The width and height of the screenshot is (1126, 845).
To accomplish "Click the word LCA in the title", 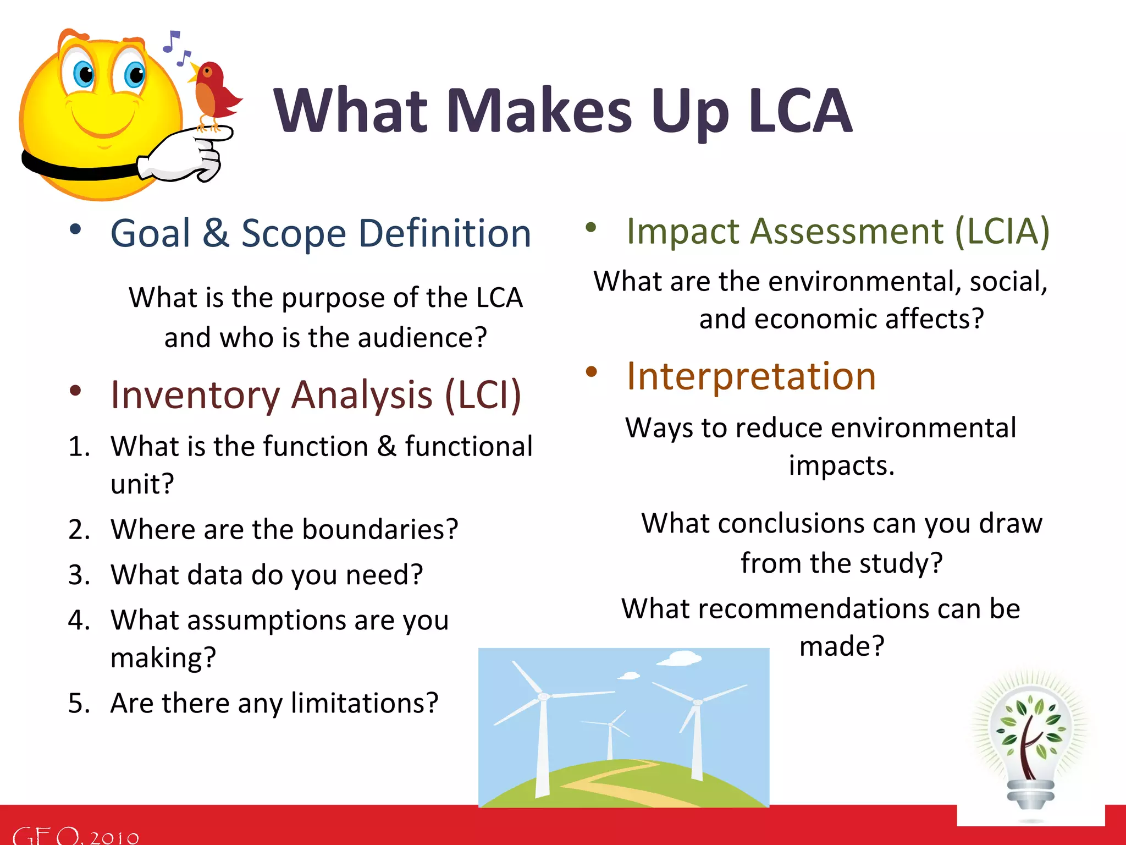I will click(800, 112).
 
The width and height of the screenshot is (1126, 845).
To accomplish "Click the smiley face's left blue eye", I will click(84, 74).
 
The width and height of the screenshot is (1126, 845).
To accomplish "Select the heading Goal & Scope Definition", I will click(321, 233).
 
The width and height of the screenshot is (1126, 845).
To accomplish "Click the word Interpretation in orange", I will click(751, 377).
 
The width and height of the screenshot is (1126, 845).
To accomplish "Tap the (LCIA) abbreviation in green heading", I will click(1002, 231).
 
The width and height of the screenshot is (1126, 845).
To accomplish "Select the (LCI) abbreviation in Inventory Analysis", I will click(482, 395).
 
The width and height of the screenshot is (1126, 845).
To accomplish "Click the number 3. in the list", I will click(79, 575).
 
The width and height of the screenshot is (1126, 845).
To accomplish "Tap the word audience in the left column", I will click(422, 338).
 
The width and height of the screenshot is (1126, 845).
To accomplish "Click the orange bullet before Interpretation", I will click(591, 372).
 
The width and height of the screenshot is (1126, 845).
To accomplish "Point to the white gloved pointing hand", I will click(187, 157).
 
